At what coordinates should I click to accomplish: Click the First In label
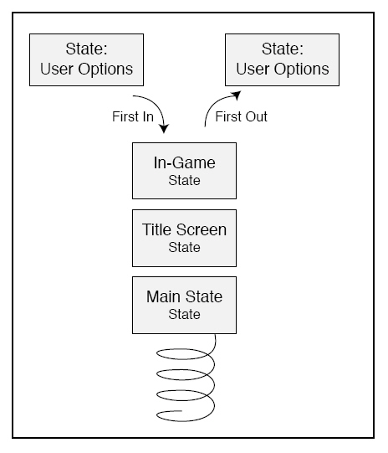pos(133,116)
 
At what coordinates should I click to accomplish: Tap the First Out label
pos(241,116)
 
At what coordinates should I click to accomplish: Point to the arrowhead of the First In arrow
pos(164,129)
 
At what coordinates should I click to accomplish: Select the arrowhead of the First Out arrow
pos(237,95)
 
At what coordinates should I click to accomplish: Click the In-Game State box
pos(184,171)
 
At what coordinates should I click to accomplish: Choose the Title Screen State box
pos(184,238)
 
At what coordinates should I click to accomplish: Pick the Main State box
pos(184,305)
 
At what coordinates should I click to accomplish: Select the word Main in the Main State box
pos(164,296)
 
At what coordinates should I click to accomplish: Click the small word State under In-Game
pos(184,180)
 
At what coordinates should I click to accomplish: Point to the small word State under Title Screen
pos(184,247)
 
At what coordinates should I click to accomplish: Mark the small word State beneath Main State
pos(184,314)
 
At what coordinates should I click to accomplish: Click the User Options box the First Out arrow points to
pos(282,59)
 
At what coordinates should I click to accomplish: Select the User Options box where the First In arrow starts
pos(86,59)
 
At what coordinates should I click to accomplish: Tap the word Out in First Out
pos(255,116)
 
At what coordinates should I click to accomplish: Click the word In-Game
pos(184,162)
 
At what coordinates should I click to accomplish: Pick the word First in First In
pos(125,116)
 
